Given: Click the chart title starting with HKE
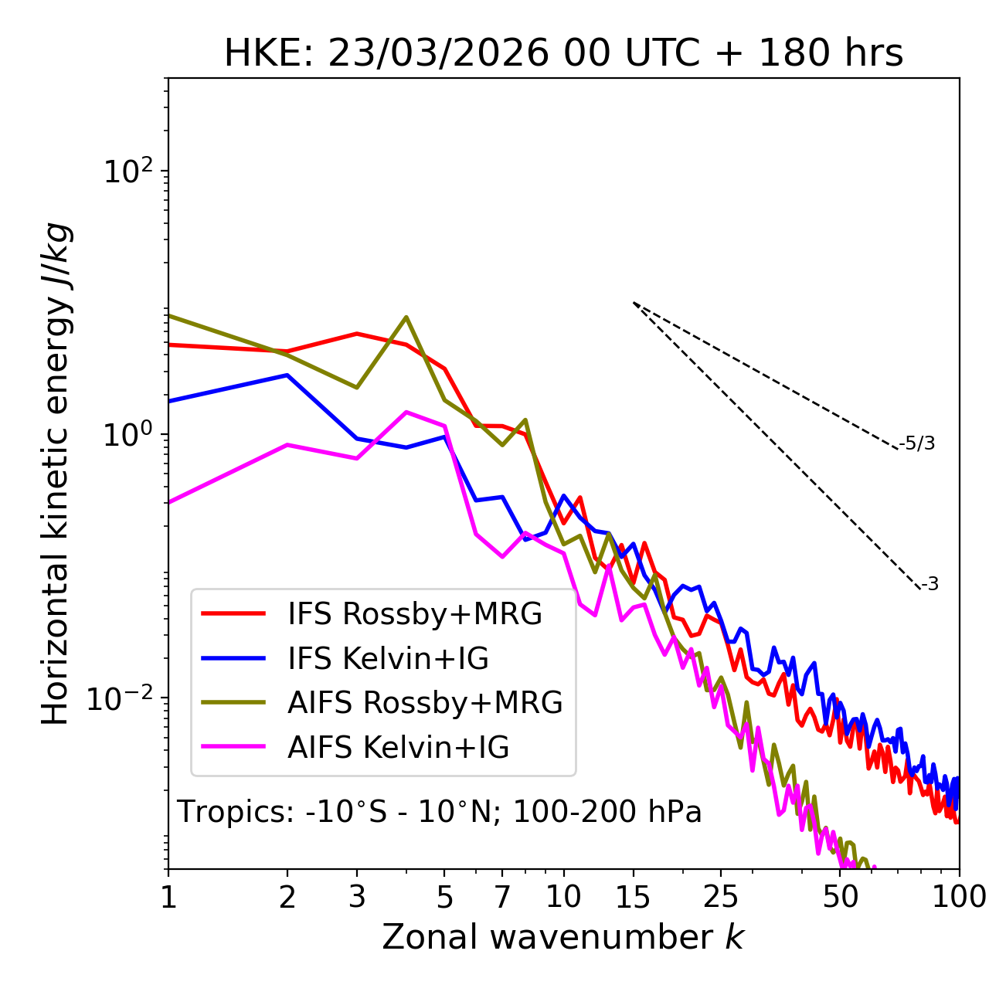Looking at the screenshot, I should pyautogui.click(x=563, y=54).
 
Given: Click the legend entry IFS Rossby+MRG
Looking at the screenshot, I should pyautogui.click(x=415, y=613).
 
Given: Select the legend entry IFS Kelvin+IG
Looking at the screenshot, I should pyautogui.click(x=388, y=658).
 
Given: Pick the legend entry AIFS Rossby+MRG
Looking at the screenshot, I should pyautogui.click(x=425, y=703).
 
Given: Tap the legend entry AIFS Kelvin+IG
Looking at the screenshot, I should pyautogui.click(x=399, y=748).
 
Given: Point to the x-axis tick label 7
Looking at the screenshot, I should pyautogui.click(x=502, y=897).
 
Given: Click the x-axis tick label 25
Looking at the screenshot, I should pyautogui.click(x=721, y=897).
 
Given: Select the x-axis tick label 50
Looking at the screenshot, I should pyautogui.click(x=840, y=897).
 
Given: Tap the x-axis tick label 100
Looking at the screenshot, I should pyautogui.click(x=959, y=897).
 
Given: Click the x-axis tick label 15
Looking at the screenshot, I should pyautogui.click(x=633, y=897).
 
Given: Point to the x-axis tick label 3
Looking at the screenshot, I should pyautogui.click(x=357, y=897).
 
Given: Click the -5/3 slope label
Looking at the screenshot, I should pyautogui.click(x=917, y=443).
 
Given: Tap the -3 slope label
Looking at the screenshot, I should pyautogui.click(x=930, y=585).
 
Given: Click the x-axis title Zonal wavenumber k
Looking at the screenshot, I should pyautogui.click(x=562, y=937).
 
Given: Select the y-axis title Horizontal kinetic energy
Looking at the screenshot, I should pyautogui.click(x=56, y=474).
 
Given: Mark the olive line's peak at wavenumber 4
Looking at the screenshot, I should pyautogui.click(x=406, y=317).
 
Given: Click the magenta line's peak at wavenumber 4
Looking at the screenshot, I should pyautogui.click(x=406, y=412).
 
